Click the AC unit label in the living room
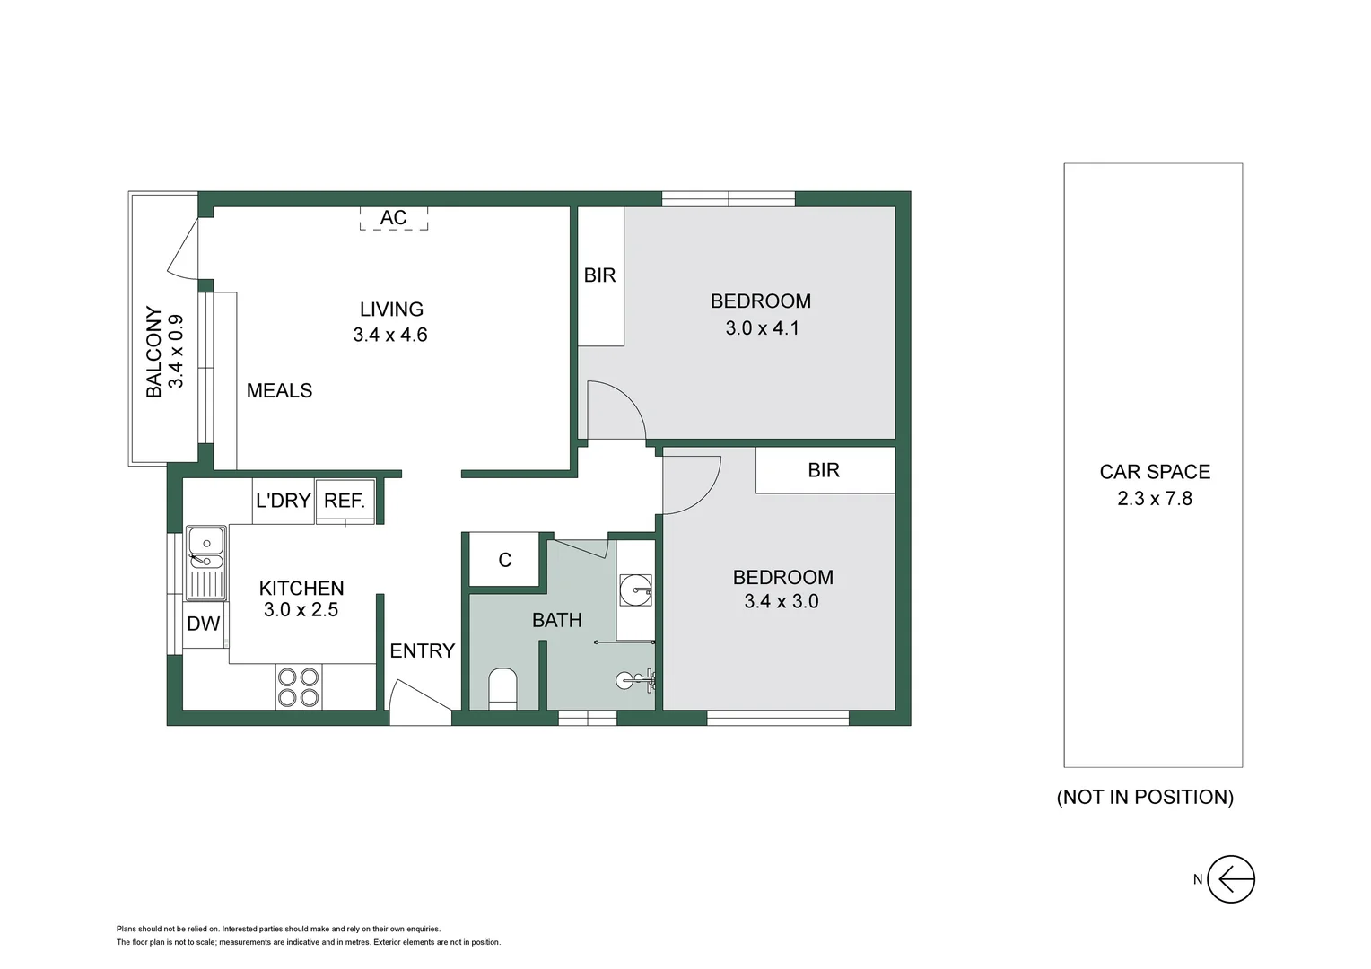[x=393, y=218]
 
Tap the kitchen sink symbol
[x=205, y=562]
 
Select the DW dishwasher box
[x=204, y=624]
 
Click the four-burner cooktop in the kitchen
[x=298, y=687]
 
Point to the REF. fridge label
[x=345, y=501]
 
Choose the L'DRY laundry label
[x=283, y=501]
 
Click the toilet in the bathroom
[x=502, y=688]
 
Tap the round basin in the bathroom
[x=635, y=589]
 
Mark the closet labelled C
[x=504, y=560]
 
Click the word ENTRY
[x=422, y=650]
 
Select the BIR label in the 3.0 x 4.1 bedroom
[x=599, y=275]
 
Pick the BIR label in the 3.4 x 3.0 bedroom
[x=823, y=470]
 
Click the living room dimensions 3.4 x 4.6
[x=390, y=335]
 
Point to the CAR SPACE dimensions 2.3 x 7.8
[x=1154, y=498]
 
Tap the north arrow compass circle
[x=1230, y=879]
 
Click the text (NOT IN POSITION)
[x=1145, y=797]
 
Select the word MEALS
[x=279, y=390]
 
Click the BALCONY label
[x=154, y=352]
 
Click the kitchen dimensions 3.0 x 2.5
[x=301, y=610]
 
